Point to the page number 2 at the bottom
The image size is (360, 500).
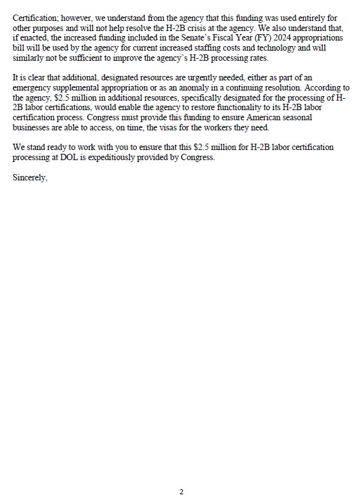click(x=182, y=492)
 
